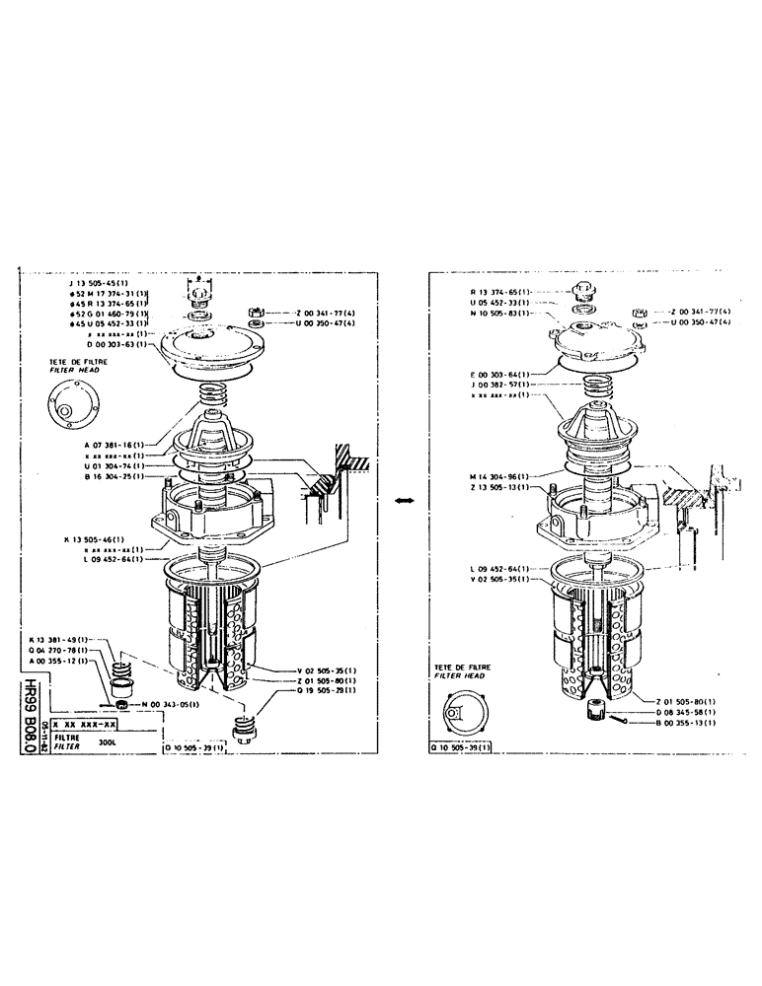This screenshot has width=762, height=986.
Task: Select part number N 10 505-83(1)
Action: pos(501,313)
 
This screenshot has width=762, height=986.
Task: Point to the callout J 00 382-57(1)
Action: pos(500,385)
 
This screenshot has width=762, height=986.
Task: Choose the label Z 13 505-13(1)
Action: pos(500,487)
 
